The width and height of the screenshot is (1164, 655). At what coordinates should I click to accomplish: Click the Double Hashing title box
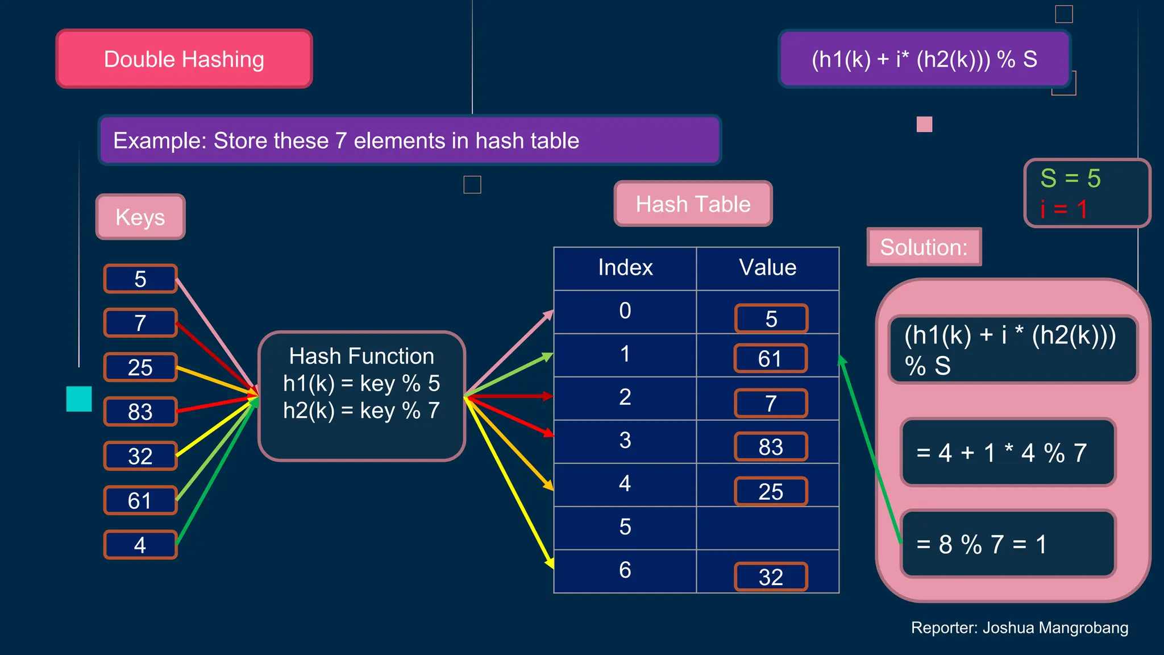(x=184, y=59)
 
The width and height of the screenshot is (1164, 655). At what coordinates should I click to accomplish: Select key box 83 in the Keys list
(x=140, y=412)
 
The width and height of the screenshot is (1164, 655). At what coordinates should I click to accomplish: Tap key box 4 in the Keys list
(x=140, y=545)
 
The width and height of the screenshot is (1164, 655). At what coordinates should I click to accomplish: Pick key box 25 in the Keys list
(x=140, y=367)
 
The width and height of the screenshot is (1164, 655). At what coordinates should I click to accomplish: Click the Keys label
(x=140, y=217)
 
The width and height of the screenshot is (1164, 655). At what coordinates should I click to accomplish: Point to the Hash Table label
(x=693, y=204)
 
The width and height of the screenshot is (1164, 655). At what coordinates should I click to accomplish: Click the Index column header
(x=625, y=268)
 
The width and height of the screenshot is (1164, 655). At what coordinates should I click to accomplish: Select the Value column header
(x=767, y=268)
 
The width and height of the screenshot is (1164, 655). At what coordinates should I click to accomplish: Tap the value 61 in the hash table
(x=770, y=359)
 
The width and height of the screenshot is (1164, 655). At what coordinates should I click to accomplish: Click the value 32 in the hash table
(x=771, y=577)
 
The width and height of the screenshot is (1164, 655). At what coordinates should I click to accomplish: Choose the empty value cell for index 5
(x=767, y=528)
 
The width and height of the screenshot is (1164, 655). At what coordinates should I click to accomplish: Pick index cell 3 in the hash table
(x=625, y=441)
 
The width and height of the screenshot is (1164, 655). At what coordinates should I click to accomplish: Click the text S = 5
(x=1070, y=179)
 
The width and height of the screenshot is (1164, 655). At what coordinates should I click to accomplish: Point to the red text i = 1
(x=1063, y=209)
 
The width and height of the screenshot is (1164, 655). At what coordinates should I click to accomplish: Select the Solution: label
(x=924, y=247)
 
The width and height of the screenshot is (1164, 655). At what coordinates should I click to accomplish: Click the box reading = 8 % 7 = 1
(x=1008, y=544)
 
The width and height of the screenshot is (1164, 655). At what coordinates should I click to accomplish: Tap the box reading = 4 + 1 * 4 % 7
(x=1008, y=453)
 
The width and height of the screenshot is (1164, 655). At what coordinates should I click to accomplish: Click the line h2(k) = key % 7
(x=361, y=411)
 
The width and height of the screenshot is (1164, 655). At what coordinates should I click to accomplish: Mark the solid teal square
(x=79, y=399)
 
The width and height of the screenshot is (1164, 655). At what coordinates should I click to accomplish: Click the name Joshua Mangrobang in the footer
(x=1055, y=628)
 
